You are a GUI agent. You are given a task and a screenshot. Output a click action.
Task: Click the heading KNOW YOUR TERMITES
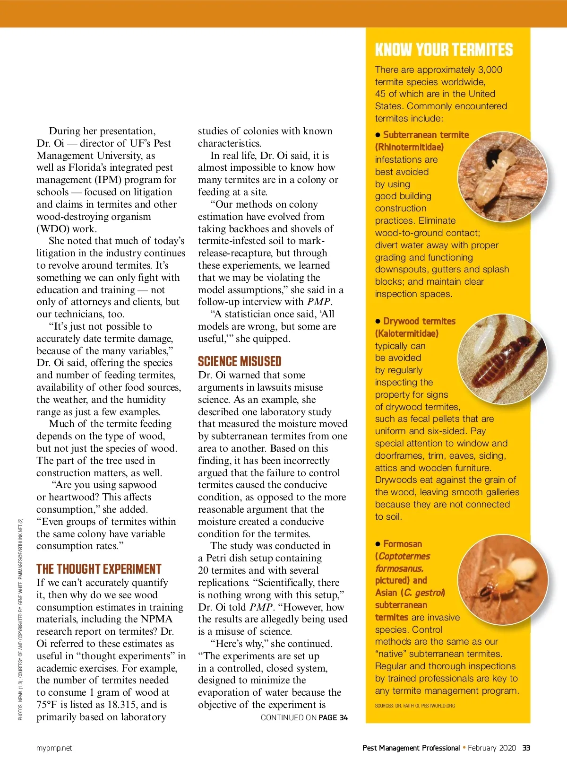point(444,50)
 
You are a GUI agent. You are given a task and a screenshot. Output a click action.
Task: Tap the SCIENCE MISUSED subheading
point(240,362)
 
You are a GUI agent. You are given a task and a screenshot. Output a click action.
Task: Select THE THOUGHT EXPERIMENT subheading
point(99,569)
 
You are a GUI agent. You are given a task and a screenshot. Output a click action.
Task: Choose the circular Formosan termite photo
point(503,579)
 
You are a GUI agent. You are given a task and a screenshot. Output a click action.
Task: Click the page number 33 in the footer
point(526,748)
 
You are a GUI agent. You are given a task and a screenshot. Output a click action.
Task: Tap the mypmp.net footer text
point(54,748)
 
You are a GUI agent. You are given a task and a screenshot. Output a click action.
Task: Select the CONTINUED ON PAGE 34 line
point(304,717)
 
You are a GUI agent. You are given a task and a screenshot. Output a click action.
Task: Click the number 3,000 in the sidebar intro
point(487,70)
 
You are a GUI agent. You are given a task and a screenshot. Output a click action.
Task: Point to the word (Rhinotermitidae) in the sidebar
point(409,147)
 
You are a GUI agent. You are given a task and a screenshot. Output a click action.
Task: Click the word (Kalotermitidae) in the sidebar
point(407,333)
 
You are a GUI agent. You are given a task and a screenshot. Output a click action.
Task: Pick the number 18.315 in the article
point(122,705)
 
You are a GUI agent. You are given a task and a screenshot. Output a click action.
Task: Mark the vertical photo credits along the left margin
point(20,620)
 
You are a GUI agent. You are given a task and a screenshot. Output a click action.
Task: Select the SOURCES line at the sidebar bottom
point(415,706)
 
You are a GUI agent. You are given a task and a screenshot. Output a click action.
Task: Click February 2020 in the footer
point(492,748)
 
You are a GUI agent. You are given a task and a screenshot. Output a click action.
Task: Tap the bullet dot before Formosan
point(378,544)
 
